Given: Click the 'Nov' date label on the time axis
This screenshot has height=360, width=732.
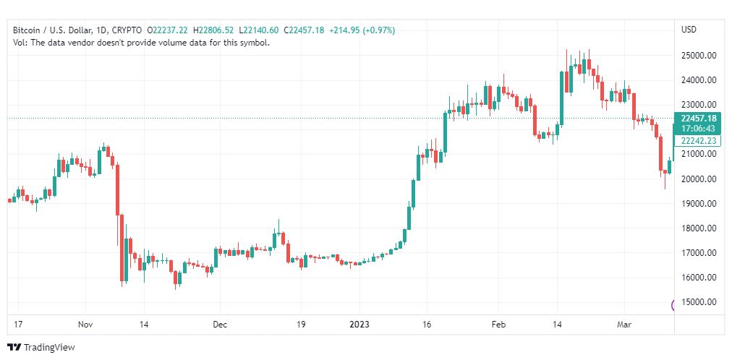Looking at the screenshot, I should [86, 325].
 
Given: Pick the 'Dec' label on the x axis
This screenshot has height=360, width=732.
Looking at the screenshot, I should [220, 325].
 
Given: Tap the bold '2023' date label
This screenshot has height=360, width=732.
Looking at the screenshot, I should [359, 325].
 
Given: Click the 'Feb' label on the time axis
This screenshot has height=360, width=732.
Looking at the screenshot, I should [499, 325].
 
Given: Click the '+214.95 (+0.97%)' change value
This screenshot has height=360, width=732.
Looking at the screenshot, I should [362, 30].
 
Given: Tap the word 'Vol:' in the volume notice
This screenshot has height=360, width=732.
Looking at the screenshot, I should [20, 43].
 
